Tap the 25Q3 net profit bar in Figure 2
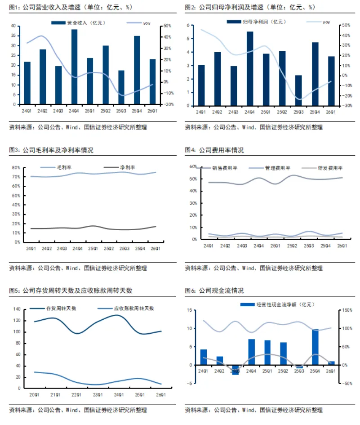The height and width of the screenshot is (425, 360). (298, 90)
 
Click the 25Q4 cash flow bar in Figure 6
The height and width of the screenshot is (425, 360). (315, 347)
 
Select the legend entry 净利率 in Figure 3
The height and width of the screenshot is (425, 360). (128, 168)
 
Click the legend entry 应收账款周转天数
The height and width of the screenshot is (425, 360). (134, 309)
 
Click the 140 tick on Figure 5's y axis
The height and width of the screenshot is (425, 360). (18, 309)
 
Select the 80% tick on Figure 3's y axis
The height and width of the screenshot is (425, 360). (16, 167)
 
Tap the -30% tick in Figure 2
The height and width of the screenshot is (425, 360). (347, 106)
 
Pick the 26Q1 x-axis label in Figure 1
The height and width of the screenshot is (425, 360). (153, 111)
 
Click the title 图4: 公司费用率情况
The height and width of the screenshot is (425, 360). (214, 150)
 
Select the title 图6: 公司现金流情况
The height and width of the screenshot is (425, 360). (214, 291)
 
